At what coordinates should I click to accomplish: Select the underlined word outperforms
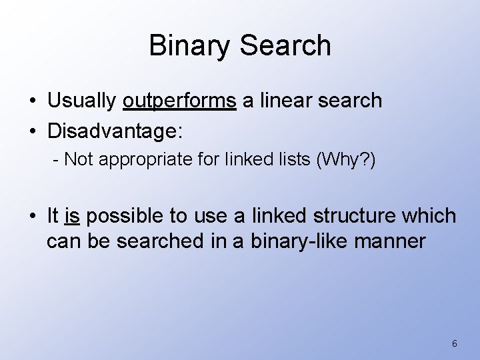179,101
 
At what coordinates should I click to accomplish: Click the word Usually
82,101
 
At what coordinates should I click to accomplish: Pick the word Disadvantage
113,131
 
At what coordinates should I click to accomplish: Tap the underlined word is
73,216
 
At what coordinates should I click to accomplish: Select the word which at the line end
428,216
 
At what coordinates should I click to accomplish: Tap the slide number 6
454,343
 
